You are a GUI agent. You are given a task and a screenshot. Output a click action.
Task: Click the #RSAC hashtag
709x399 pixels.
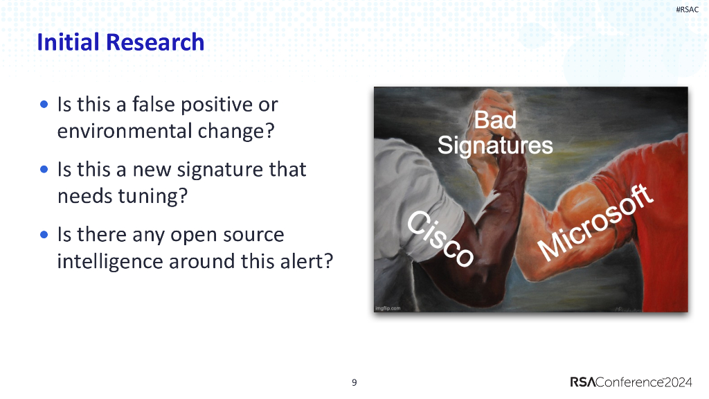pyautogui.click(x=687, y=9)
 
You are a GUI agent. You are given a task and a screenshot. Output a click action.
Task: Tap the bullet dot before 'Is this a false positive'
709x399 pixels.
pyautogui.click(x=44, y=105)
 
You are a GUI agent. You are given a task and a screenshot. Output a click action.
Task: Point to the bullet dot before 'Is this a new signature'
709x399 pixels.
pyautogui.click(x=44, y=170)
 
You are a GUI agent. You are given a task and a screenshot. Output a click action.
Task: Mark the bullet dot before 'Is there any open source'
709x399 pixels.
pyautogui.click(x=44, y=235)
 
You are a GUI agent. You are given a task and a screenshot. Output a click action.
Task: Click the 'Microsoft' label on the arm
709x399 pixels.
pyautogui.click(x=595, y=223)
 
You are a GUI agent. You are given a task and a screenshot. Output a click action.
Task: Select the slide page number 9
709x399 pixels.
pyautogui.click(x=354, y=382)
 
